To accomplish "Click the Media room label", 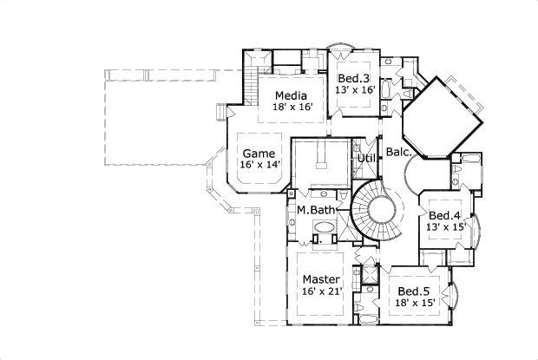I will [x=293, y=95].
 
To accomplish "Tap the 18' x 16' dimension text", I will [x=293, y=108].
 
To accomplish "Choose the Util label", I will [x=366, y=159].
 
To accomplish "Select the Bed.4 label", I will [x=444, y=215].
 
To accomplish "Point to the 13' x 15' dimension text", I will [x=444, y=227].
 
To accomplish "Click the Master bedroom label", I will [x=321, y=279].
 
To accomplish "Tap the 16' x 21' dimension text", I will [x=321, y=292].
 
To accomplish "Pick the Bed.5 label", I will [x=414, y=291].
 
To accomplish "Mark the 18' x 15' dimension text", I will [x=414, y=304].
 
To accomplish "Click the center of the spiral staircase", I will [x=380, y=213].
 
